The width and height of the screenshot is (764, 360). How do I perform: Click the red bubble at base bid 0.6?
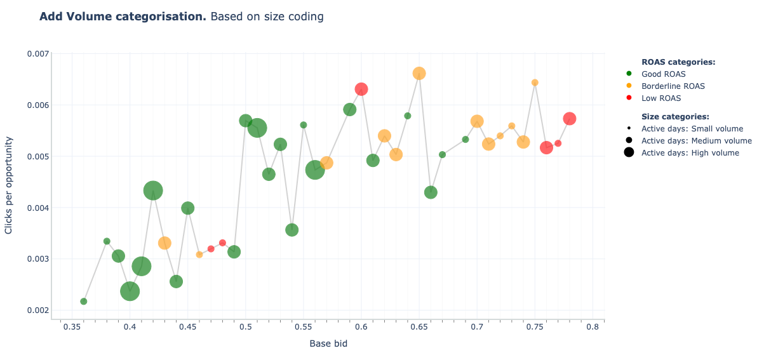[x=361, y=89]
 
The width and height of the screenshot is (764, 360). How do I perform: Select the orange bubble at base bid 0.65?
[x=419, y=74]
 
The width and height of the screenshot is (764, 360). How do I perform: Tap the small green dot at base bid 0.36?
[x=84, y=302]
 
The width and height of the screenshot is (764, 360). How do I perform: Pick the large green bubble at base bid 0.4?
[x=130, y=291]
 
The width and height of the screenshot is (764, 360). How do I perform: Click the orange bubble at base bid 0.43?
[x=164, y=243]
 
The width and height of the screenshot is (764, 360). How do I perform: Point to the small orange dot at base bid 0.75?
[x=535, y=83]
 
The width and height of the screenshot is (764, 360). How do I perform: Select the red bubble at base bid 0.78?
[x=570, y=119]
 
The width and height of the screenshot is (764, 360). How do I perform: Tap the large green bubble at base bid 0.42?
[x=153, y=190]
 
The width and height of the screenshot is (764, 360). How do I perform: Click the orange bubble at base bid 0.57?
[x=326, y=163]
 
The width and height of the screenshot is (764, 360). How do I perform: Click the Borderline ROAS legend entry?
[x=673, y=86]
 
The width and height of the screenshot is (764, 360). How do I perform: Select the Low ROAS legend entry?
[x=660, y=98]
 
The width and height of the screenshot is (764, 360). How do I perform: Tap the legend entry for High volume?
[x=690, y=152]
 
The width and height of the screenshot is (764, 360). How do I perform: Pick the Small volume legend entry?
[x=692, y=129]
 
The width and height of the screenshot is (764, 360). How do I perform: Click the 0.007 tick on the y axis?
[x=37, y=54]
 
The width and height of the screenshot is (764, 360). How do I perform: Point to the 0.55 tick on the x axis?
[x=303, y=327]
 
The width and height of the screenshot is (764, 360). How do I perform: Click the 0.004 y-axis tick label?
[x=37, y=208]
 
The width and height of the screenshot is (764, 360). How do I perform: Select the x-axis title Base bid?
[x=328, y=344]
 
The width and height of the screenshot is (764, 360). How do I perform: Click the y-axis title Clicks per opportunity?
[x=9, y=184]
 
